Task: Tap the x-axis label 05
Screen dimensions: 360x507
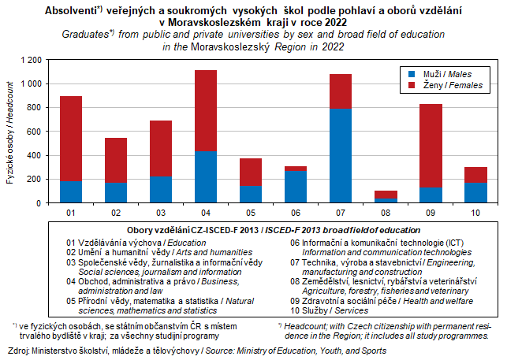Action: (x=251, y=213)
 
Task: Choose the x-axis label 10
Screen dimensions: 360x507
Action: (x=476, y=213)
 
